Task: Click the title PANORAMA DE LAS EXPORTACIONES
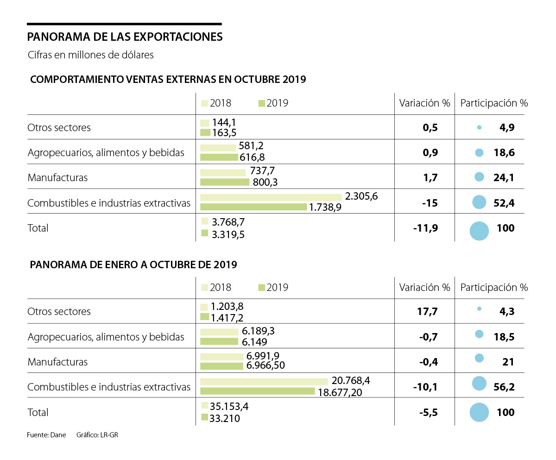pos(125,37)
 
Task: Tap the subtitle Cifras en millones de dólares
pos(90,55)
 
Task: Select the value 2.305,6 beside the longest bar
pos(361,196)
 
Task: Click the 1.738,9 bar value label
pos(325,207)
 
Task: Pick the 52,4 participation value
pos(504,202)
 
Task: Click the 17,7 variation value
pos(428,311)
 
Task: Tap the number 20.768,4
pos(351,381)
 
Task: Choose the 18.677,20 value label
pos(340,392)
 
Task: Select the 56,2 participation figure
pos(504,387)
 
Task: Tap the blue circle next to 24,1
pos(480,177)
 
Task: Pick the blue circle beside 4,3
pos(479,309)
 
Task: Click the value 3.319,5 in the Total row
pos(228,234)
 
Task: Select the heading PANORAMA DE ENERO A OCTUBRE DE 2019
pos(133,265)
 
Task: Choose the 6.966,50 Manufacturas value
pos(265,365)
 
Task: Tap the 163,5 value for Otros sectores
pos(224,133)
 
